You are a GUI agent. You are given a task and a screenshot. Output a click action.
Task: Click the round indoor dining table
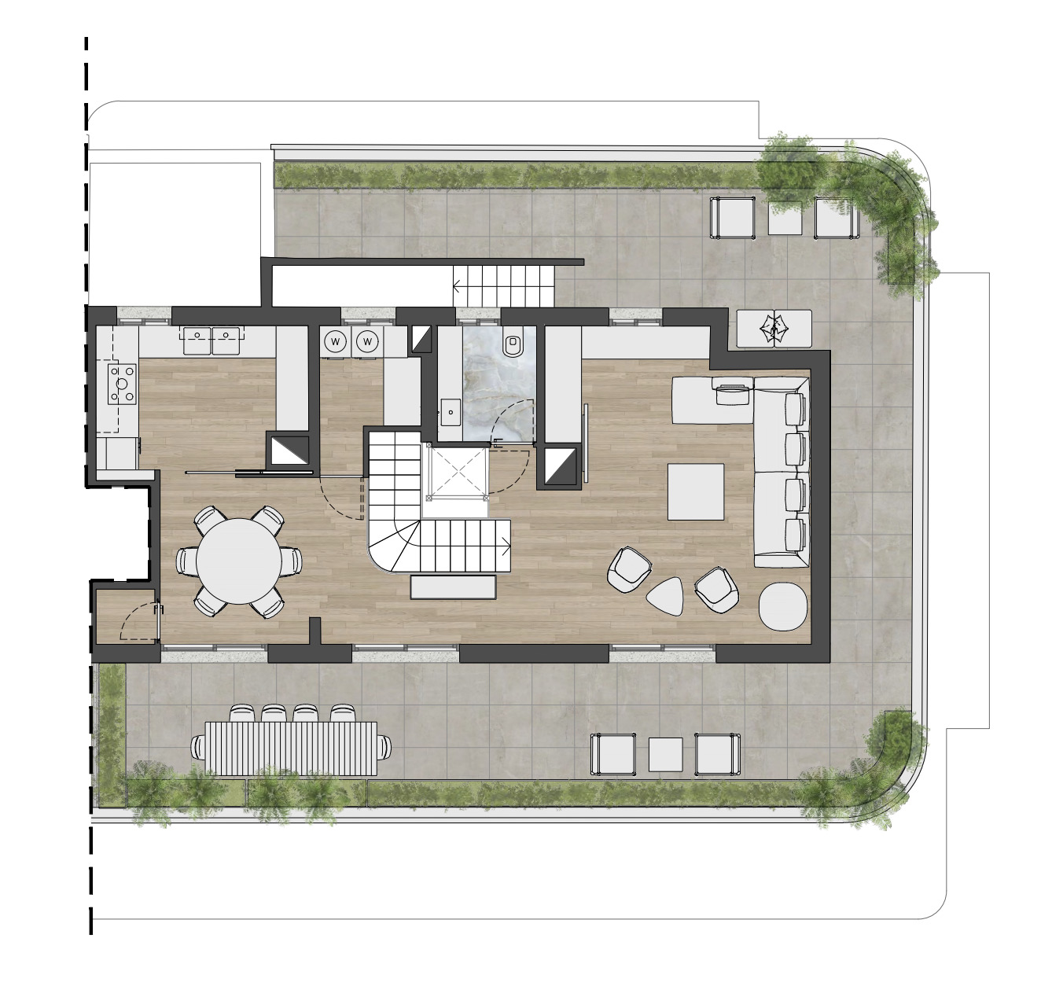238,561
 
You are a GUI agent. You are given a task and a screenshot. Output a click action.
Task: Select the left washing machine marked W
336,340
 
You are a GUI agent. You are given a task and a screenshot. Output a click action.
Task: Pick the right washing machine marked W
367,340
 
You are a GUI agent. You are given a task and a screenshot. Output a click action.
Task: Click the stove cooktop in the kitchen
123,383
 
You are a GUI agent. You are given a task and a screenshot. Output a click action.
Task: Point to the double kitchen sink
213,340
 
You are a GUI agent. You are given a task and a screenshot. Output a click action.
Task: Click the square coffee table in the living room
695,491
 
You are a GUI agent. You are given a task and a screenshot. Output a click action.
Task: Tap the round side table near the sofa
783,606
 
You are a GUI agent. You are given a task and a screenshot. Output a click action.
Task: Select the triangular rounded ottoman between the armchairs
665,595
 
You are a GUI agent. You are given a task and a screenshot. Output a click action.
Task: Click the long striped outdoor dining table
292,749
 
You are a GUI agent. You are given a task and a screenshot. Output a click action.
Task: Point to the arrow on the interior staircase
506,546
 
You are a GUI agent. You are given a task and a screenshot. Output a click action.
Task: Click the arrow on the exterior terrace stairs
458,286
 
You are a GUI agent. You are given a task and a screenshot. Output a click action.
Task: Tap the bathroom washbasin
452,412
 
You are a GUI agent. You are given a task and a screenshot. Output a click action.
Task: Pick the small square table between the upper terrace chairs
785,217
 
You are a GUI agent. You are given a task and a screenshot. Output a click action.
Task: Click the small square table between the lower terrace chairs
665,754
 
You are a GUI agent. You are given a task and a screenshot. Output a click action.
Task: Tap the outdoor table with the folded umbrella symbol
774,329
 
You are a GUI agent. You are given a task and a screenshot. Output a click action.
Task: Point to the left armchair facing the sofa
630,568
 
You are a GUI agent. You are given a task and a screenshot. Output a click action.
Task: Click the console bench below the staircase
453,587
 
